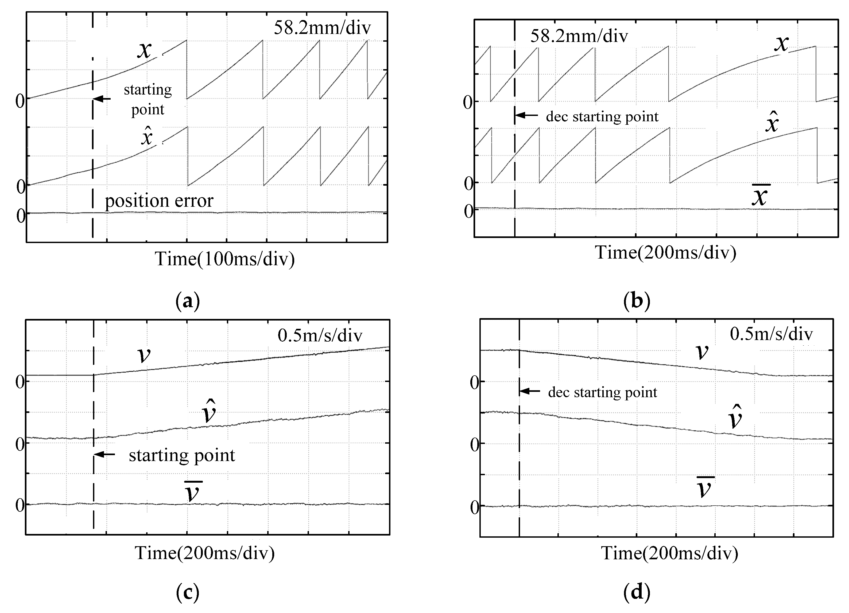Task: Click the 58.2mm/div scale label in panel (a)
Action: pos(322,28)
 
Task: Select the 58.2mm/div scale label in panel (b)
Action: pos(579,36)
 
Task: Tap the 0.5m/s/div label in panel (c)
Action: pos(320,336)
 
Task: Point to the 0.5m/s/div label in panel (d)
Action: pos(771,334)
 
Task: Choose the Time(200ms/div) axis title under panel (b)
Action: pos(666,253)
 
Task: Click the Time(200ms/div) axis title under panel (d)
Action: pos(670,553)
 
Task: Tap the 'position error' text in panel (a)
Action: pos(159,201)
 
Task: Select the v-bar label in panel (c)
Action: pos(193,492)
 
